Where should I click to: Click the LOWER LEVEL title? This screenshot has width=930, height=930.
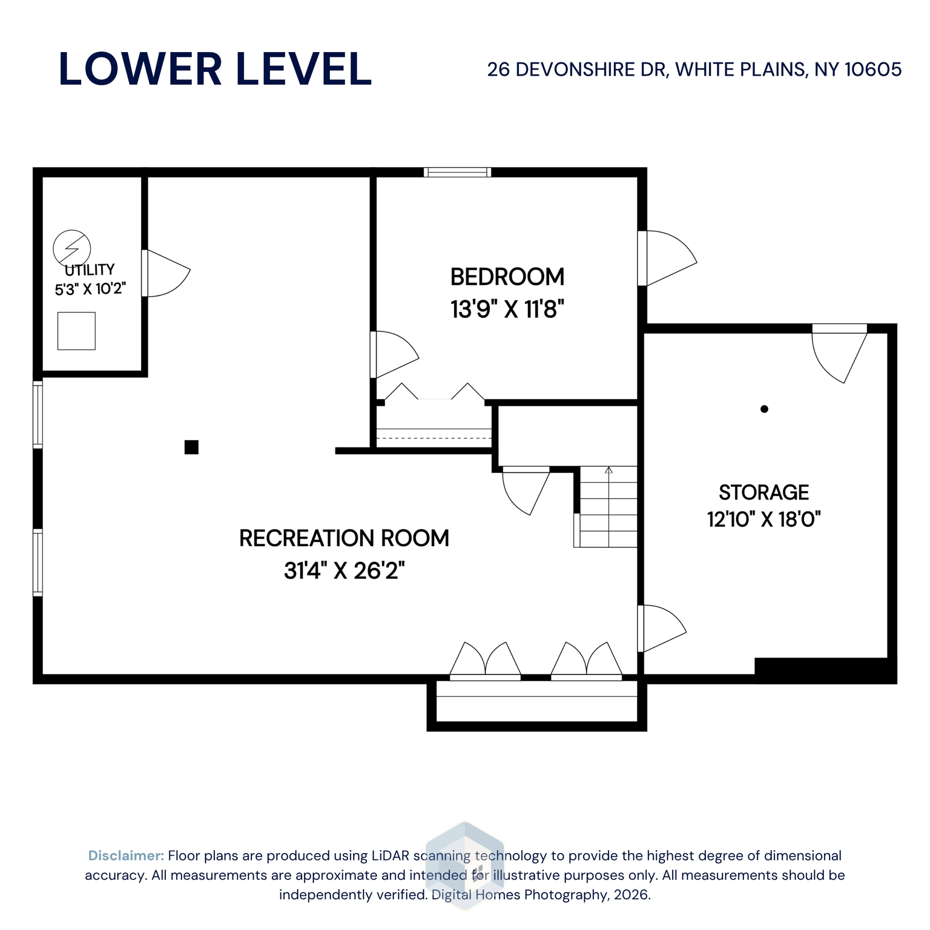[x=215, y=69]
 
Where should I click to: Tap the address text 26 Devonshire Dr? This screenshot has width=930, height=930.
[x=694, y=70]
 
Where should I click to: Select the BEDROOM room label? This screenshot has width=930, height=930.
[x=507, y=277]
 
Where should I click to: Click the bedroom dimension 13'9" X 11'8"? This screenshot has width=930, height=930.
[x=507, y=309]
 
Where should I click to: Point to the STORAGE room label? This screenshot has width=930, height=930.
[x=763, y=492]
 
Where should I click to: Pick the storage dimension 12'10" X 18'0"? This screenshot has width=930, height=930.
[x=763, y=519]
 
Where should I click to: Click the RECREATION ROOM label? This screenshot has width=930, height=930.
[x=344, y=538]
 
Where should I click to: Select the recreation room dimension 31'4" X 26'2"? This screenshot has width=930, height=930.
[x=344, y=570]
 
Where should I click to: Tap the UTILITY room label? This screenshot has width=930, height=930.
[x=90, y=270]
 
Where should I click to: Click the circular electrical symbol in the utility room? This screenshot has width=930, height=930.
[x=72, y=248]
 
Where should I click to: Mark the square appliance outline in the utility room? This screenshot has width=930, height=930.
[x=76, y=331]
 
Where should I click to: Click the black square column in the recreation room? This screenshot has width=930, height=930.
[x=191, y=447]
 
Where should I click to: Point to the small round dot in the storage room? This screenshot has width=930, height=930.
[x=764, y=409]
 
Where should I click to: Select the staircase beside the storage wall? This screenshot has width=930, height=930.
[x=607, y=507]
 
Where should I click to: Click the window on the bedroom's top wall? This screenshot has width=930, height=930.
[x=457, y=173]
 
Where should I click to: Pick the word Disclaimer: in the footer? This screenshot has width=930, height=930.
[x=126, y=856]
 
